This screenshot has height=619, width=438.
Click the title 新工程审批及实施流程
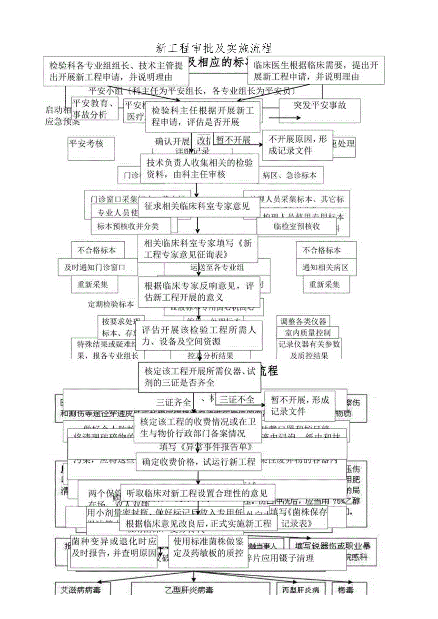214,48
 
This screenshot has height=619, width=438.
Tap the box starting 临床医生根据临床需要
316,70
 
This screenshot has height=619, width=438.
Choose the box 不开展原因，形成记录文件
298,145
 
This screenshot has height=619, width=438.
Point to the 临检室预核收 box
297,226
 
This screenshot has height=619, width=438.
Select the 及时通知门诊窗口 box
95,268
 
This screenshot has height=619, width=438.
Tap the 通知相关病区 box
325,268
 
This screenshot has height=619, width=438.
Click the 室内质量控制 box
308,333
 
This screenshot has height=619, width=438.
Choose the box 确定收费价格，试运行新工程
198,461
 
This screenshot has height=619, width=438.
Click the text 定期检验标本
111,304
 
